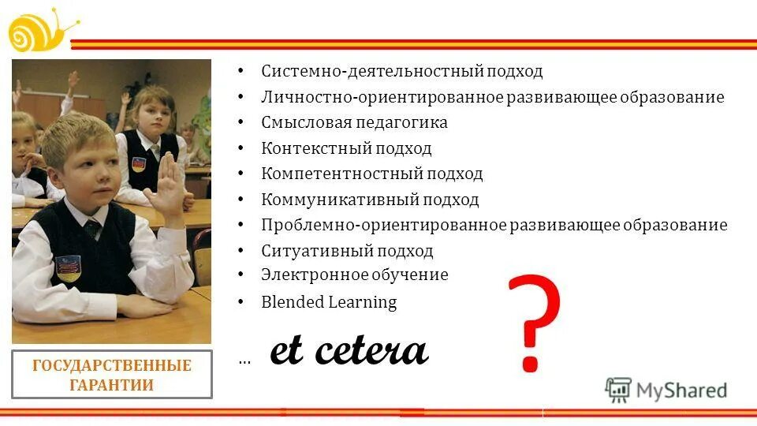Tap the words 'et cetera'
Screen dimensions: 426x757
click(x=349, y=351)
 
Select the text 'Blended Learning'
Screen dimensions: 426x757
click(x=329, y=301)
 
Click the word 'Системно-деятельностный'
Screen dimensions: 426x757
click(x=341, y=71)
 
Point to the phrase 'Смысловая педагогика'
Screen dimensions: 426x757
click(x=354, y=122)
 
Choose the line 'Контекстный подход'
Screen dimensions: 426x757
click(x=346, y=148)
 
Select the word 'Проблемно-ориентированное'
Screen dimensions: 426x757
click(x=383, y=225)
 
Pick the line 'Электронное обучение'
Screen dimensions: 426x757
click(x=355, y=275)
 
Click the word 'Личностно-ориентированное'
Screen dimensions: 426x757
click(x=382, y=97)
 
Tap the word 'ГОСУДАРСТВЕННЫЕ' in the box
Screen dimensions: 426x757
click(x=112, y=366)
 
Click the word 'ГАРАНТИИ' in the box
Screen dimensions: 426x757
click(x=112, y=385)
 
